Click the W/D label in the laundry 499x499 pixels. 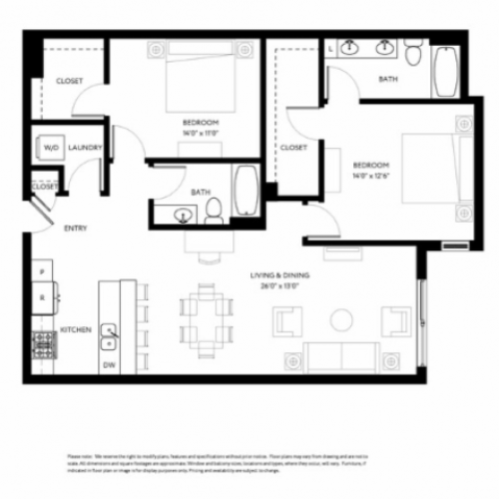pos(50,148)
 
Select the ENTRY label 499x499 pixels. pos(76,228)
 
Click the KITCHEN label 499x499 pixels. pos(76,328)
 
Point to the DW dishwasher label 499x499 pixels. pos(109,366)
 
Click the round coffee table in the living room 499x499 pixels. pos(341,319)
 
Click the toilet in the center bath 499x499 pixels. pos(213,211)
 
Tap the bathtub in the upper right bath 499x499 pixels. pos(445,73)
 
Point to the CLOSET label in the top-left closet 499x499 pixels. pos(69,81)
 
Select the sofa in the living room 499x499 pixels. pos(341,356)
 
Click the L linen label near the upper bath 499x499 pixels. pos(330,47)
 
